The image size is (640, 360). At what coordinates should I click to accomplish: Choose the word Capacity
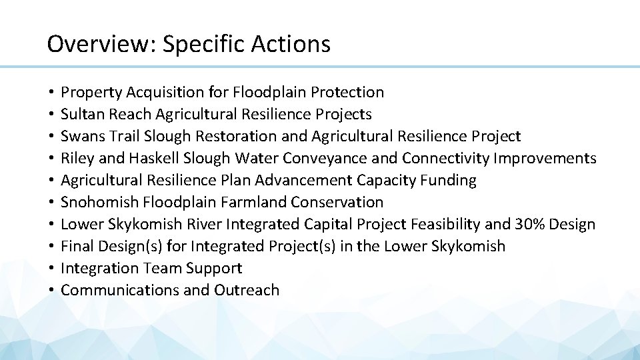[x=381, y=180]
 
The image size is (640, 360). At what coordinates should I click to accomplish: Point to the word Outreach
[x=247, y=290]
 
